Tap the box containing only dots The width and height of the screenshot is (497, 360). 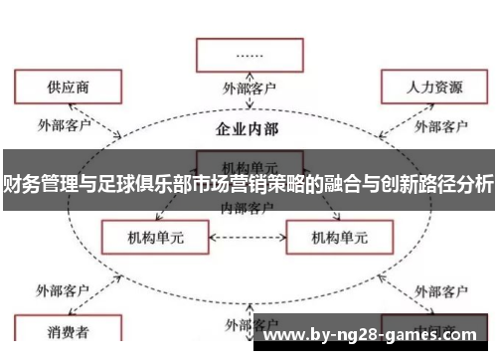(249, 56)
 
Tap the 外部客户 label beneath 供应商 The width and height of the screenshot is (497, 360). (64, 126)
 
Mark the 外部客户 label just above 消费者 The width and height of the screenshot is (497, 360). (64, 290)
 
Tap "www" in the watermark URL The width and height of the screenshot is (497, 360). (280, 334)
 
